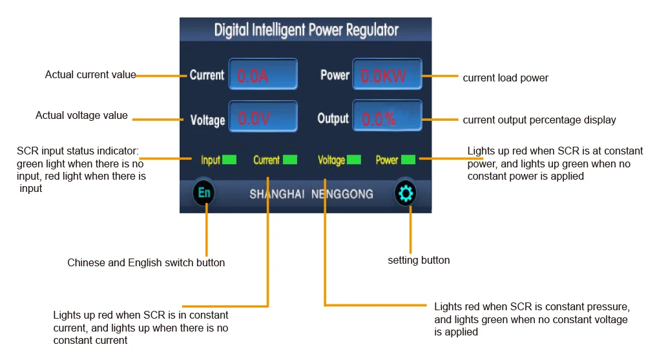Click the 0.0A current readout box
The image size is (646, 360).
click(x=263, y=74)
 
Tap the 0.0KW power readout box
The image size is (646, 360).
click(x=387, y=74)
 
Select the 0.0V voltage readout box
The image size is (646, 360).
click(x=263, y=117)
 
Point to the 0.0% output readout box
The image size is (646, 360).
click(x=387, y=116)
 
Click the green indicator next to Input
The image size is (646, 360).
click(x=229, y=160)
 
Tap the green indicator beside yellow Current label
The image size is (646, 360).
click(x=290, y=160)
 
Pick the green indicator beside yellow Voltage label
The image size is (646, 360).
click(x=354, y=160)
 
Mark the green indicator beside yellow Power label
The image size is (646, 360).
click(x=408, y=160)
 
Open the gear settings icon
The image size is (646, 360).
click(x=406, y=193)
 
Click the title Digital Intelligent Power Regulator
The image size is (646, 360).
click(x=306, y=30)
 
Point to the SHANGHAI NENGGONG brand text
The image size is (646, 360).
click(x=311, y=194)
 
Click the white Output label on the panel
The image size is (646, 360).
click(x=333, y=118)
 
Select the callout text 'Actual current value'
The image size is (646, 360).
click(x=90, y=74)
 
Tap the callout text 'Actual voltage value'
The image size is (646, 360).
click(x=81, y=116)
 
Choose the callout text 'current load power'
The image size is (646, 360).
click(x=506, y=78)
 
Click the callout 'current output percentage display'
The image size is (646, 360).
click(x=539, y=120)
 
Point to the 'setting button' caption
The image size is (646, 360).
click(x=419, y=260)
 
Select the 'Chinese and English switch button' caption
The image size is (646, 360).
click(x=146, y=262)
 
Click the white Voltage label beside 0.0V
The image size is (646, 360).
click(x=207, y=120)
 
